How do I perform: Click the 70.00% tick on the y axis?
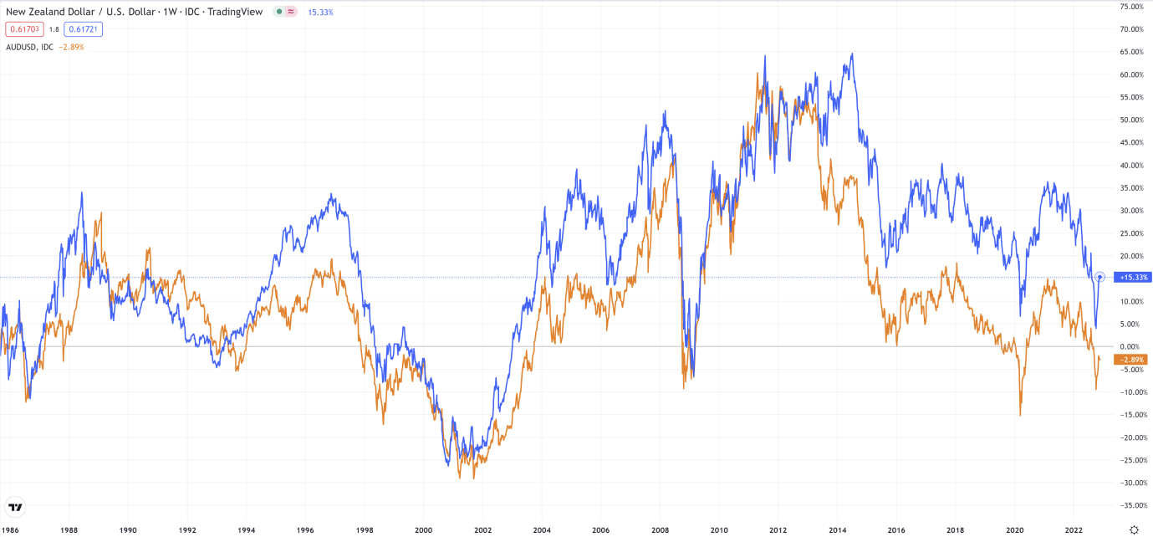1132,29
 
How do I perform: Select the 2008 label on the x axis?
660,529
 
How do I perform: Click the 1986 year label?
11,529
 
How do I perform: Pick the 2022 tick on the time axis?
1074,529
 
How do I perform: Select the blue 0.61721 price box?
84,29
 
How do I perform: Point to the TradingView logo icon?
15,507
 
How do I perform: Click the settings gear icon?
1134,529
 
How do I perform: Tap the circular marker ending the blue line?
1100,277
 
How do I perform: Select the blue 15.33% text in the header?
320,13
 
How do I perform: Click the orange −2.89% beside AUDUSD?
71,47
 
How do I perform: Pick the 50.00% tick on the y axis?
1132,120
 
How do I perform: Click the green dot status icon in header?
279,12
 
